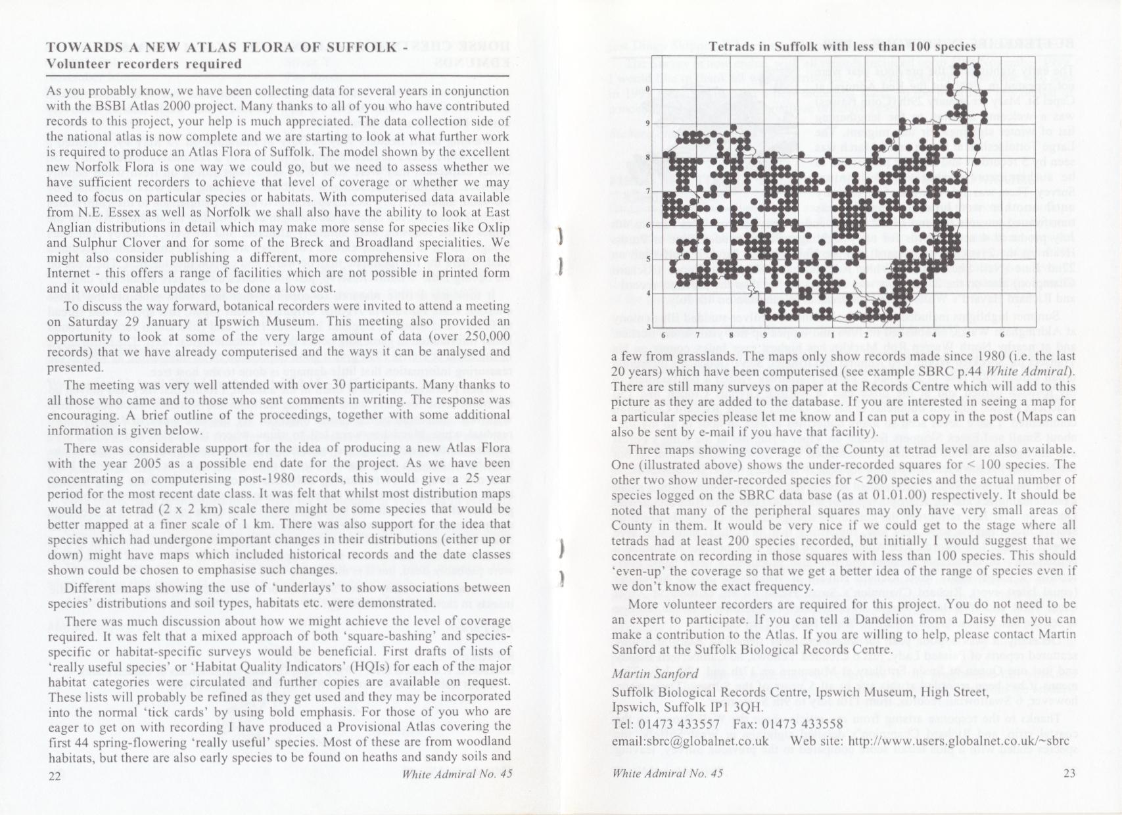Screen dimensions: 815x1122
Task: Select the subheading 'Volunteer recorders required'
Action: pos(144,64)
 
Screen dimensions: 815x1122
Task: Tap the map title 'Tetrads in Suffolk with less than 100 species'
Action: pos(842,47)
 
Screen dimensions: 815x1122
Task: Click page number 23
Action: pos(1069,773)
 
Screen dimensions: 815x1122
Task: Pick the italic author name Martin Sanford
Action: pos(655,674)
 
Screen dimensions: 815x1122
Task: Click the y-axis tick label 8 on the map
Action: pos(648,158)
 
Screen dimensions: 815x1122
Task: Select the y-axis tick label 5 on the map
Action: pos(648,260)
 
